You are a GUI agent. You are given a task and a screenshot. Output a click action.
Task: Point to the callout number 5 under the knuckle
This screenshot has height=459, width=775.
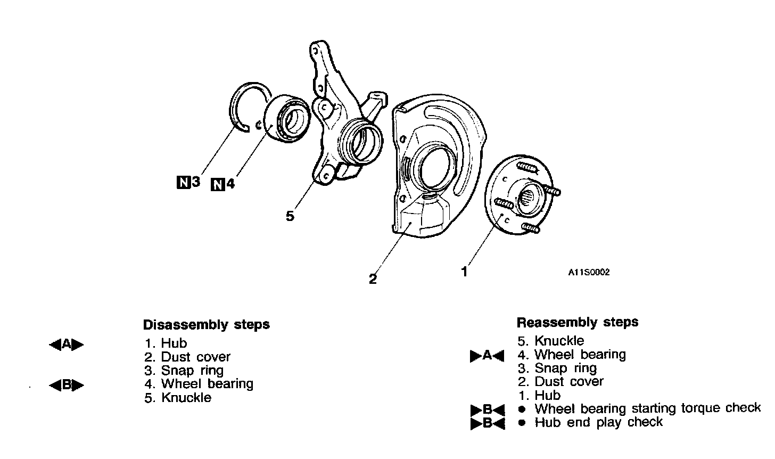290,216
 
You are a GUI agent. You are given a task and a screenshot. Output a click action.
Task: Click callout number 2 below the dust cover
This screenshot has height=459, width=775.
373,279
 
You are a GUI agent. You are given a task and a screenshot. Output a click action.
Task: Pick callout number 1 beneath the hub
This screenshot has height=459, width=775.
464,272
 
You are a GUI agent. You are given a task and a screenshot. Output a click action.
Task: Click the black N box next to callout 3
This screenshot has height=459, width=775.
183,183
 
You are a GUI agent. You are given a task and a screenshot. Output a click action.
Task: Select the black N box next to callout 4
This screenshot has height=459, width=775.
218,185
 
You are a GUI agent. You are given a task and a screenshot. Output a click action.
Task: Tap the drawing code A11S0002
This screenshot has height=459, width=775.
588,272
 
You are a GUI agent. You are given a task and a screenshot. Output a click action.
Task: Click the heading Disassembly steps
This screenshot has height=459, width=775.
206,324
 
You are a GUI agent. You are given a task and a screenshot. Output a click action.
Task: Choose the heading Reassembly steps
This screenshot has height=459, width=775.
577,322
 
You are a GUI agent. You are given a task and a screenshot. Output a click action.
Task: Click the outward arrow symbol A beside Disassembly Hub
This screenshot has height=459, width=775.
67,345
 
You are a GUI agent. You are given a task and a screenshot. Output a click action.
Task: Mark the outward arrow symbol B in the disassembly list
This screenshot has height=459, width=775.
67,384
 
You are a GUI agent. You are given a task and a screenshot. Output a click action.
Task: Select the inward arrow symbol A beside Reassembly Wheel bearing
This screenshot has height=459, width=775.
487,356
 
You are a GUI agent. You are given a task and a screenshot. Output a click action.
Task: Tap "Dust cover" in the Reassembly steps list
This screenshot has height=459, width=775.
569,381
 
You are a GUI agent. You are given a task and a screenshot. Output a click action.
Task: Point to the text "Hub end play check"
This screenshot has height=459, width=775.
598,422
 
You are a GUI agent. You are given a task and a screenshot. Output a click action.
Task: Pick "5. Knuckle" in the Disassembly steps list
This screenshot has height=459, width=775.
178,398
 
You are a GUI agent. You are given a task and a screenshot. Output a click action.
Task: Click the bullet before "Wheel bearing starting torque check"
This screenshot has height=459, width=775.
523,409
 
